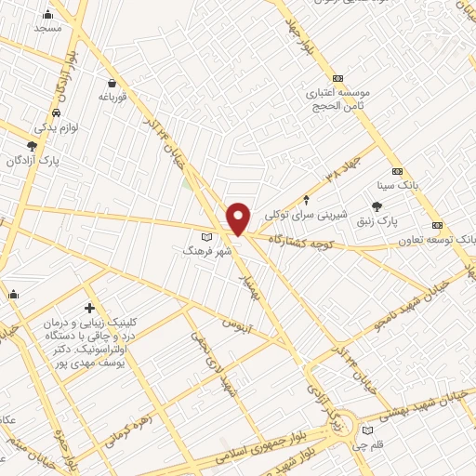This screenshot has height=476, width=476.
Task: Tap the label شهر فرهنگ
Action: (x=200, y=250)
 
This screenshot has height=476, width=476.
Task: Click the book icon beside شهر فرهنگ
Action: (x=219, y=238)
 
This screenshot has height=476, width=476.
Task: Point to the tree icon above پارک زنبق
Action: (x=376, y=207)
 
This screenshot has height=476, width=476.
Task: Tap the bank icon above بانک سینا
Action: (x=397, y=171)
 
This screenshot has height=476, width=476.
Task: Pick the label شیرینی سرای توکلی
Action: (x=306, y=214)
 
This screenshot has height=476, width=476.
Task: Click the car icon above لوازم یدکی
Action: (x=56, y=112)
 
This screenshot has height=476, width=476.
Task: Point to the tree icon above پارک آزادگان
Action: (x=33, y=145)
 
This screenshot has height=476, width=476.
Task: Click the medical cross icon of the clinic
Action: (x=89, y=308)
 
